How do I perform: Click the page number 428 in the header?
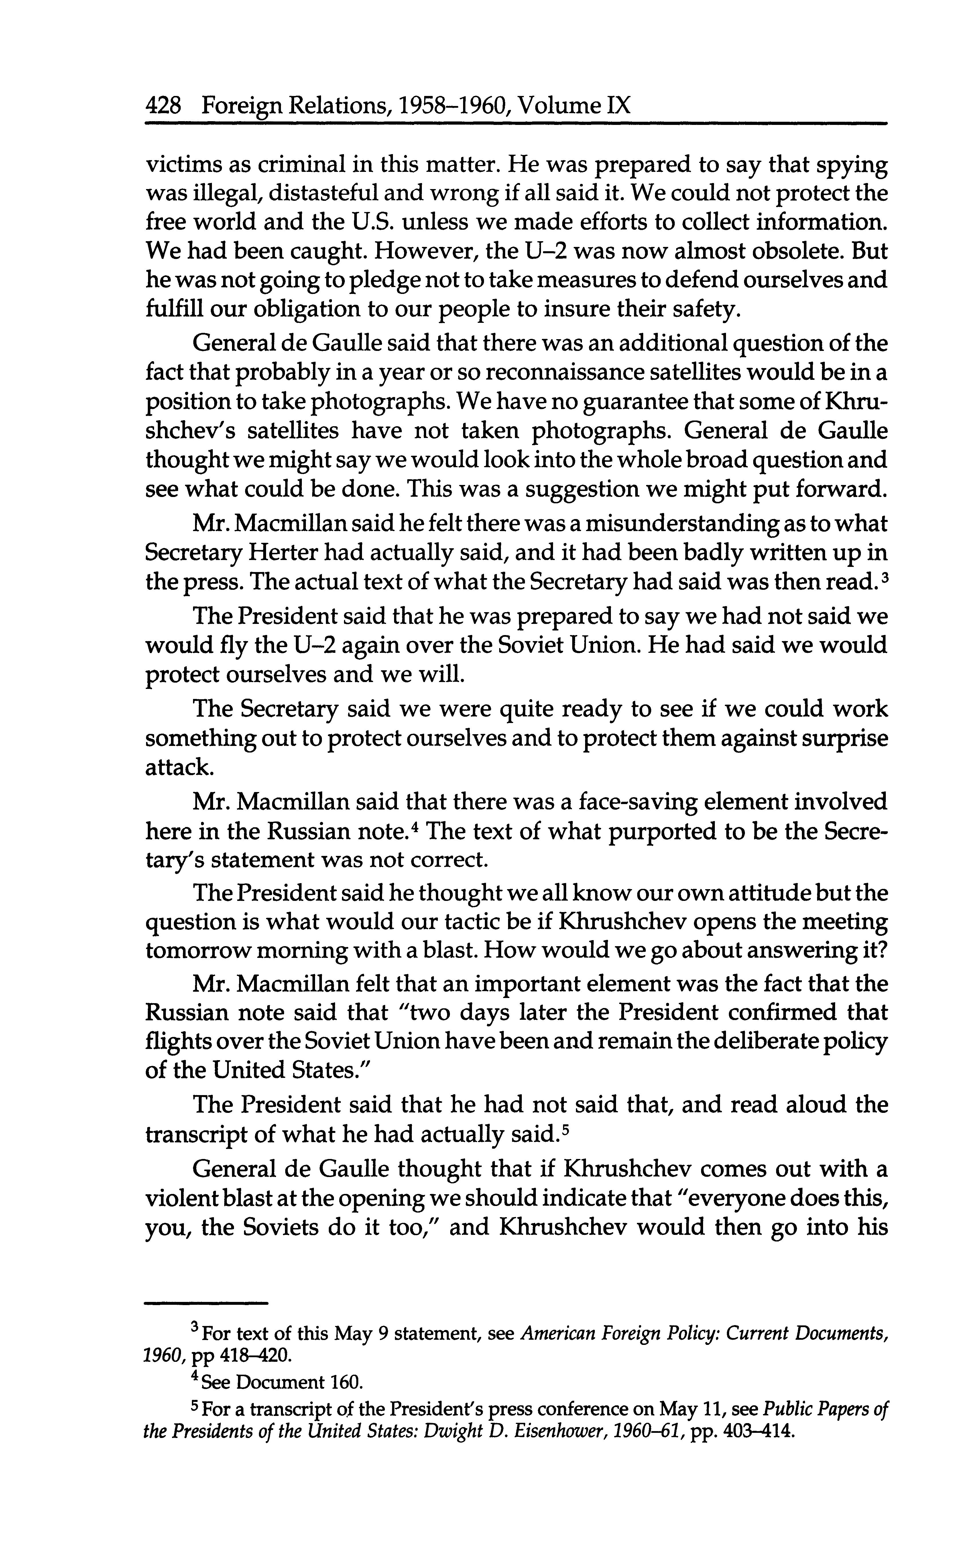pos(165,104)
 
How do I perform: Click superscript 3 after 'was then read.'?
pos(884,576)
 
